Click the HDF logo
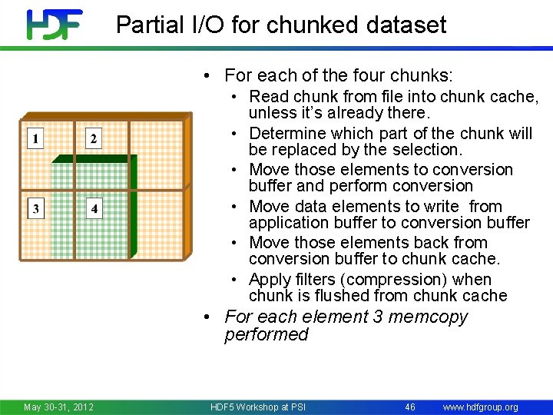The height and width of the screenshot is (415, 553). click(55, 24)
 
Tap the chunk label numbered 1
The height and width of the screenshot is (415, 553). click(35, 138)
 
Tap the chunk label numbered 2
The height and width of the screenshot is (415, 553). click(94, 138)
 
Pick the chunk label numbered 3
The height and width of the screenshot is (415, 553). click(35, 208)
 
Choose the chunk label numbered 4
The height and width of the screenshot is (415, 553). click(94, 208)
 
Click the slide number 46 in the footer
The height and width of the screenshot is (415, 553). click(410, 407)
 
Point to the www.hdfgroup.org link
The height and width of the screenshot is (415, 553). click(481, 407)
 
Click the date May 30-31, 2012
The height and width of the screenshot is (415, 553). click(58, 407)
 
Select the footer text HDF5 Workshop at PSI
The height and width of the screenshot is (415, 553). click(257, 407)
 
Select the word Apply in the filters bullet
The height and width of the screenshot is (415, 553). click(270, 280)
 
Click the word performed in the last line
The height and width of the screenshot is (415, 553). click(267, 335)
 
